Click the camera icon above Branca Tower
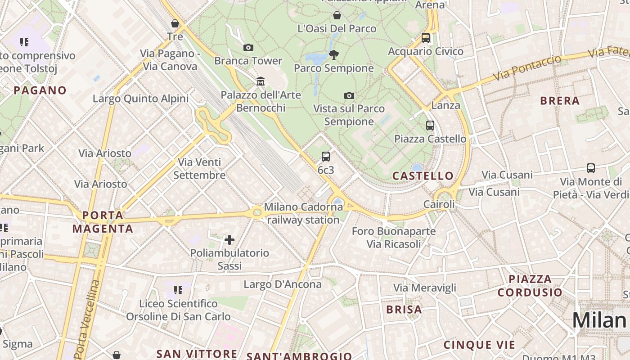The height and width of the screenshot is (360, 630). coord(248,47)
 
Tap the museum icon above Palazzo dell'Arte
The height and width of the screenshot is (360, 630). coord(260,81)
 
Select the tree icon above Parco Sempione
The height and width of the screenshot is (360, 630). coord(333,55)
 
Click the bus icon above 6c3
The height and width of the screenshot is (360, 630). coord(326,157)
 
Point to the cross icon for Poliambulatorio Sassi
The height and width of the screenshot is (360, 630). coord(229,239)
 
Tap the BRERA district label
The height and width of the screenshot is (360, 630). coord(560,101)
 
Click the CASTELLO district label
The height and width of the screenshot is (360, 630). coord(423,176)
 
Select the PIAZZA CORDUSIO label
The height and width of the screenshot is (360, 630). coord(530,286)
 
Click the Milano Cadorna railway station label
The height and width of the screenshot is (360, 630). coord(303,213)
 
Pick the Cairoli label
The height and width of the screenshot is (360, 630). coord(439,204)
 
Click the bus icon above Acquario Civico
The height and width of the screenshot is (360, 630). coord(426,38)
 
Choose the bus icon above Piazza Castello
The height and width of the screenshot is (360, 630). coord(430,126)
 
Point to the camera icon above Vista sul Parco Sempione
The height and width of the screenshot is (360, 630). coord(349,95)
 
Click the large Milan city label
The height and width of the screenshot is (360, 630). coord(599,320)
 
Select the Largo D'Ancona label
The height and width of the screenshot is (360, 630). coord(283,284)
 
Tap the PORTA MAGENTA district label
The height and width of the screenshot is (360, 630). coord(103,222)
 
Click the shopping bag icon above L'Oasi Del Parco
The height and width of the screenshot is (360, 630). coord(337,16)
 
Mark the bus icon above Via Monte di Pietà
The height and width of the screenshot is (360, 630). coord(591,168)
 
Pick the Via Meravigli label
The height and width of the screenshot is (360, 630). coord(425,288)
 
